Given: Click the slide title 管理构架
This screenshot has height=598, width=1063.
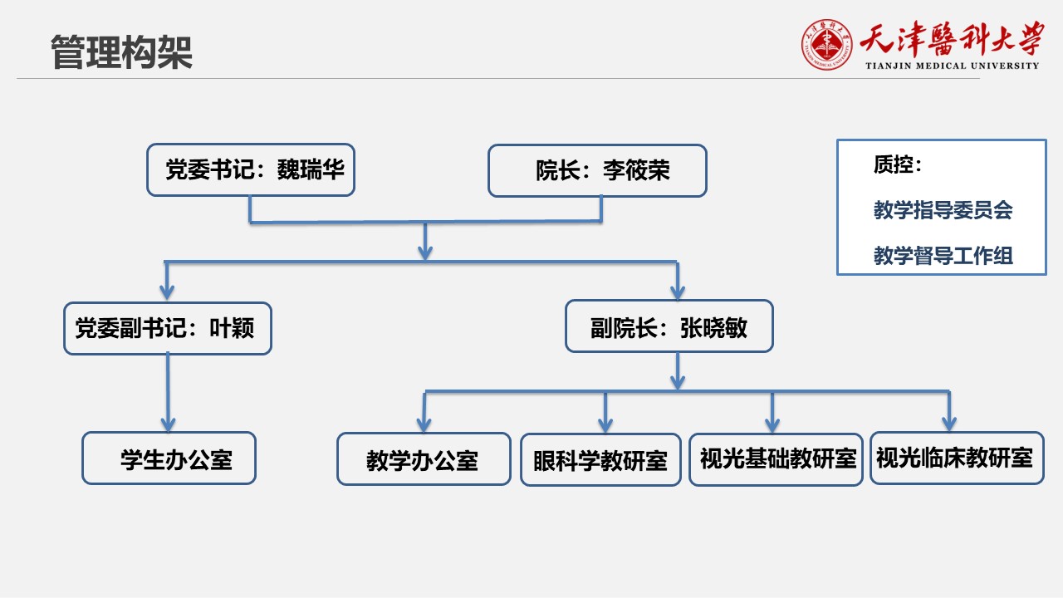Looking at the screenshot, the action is tap(121, 52).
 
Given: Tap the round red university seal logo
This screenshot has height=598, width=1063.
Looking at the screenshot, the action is tap(826, 45).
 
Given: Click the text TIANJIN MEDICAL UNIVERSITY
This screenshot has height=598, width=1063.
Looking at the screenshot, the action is tap(952, 66).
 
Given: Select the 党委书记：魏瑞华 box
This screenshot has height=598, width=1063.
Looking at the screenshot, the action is tap(251, 170).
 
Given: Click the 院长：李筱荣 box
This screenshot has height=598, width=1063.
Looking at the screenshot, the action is tap(597, 171).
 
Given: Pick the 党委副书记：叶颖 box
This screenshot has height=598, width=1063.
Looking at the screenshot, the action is tap(168, 328).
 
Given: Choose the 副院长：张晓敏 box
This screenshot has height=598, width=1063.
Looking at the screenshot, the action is tap(669, 326).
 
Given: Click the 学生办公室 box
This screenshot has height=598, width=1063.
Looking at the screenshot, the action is tap(169, 458).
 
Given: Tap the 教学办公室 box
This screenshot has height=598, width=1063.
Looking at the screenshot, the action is tap(424, 459).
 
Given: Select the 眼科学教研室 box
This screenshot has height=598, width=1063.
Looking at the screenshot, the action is tap(600, 460).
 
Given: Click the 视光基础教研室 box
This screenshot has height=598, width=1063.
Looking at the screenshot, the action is tap(776, 460).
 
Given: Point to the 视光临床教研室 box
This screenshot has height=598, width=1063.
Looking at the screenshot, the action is tap(958, 458).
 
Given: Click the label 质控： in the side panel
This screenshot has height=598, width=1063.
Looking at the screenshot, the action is tap(898, 164).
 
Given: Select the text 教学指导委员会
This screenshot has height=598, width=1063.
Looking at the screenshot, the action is tap(943, 210).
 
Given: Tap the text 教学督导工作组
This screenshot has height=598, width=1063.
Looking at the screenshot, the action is tap(943, 255).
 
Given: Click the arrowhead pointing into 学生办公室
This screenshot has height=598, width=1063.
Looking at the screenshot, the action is tap(168, 424).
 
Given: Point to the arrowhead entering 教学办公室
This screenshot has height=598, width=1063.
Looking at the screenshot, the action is tap(424, 424).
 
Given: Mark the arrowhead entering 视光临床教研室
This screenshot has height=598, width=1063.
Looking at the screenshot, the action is tap(949, 424).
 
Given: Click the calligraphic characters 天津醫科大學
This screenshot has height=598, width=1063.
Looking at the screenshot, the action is tap(952, 39).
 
